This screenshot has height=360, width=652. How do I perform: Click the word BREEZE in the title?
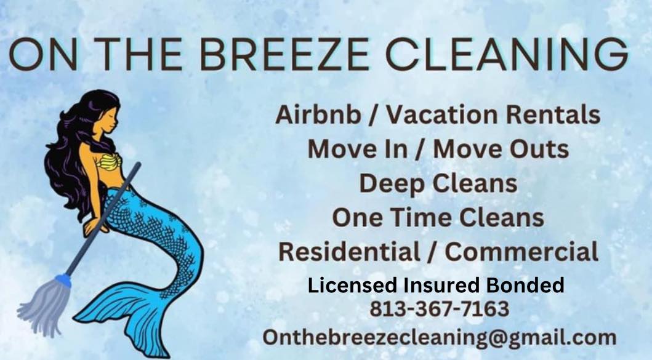click(x=284, y=54)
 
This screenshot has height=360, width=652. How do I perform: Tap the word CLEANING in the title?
click(x=507, y=54)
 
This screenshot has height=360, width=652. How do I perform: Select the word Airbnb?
click(x=318, y=114)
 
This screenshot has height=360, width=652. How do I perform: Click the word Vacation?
click(x=441, y=114)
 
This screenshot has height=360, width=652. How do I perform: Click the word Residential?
click(x=350, y=252)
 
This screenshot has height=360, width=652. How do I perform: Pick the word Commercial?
click(x=521, y=252)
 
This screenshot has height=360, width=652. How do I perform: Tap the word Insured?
click(x=441, y=285)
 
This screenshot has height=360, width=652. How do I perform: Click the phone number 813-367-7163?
click(x=440, y=309)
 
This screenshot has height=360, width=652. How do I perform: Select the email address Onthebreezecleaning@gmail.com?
click(x=439, y=337)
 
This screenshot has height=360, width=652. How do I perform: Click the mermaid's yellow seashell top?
click(x=110, y=162)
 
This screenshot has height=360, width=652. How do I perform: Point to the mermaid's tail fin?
click(x=125, y=320)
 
